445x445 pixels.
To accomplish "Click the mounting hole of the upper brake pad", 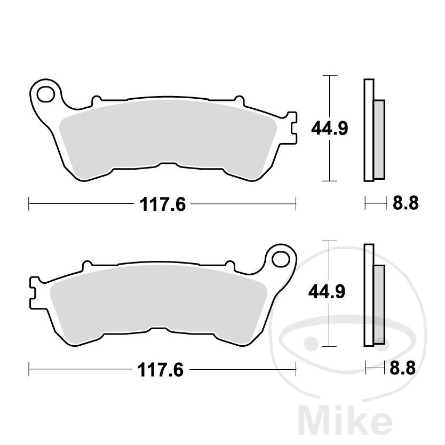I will [x=44, y=94].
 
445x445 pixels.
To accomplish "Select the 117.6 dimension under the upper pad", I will [x=162, y=204].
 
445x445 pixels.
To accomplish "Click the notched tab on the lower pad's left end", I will [x=33, y=292].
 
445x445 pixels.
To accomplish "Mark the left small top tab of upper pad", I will [x=97, y=100].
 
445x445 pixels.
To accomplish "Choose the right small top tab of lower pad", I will [x=231, y=265].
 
